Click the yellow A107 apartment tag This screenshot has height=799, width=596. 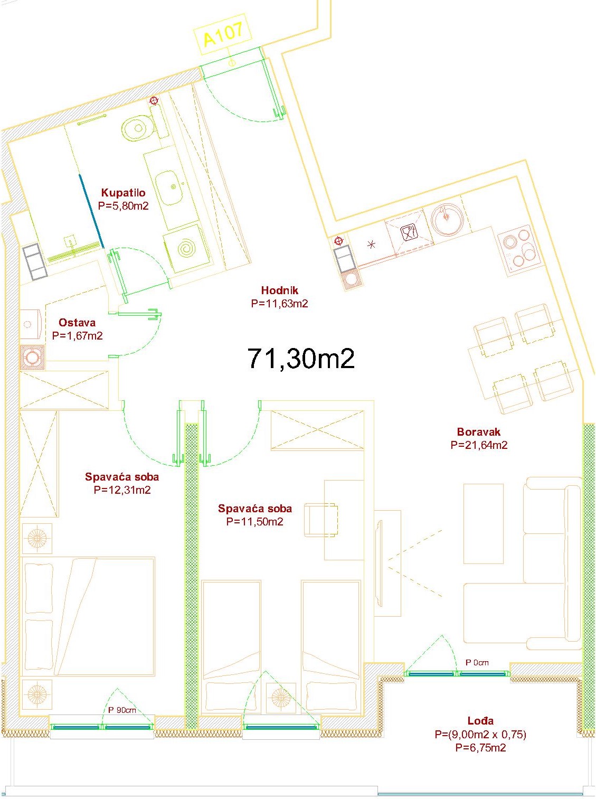click(223, 34)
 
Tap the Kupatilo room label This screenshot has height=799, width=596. click(124, 193)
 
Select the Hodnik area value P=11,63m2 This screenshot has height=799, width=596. click(279, 304)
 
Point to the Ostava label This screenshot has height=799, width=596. click(77, 323)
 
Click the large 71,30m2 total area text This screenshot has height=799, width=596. click(301, 359)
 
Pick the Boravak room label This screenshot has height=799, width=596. click(479, 432)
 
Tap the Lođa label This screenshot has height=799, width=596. click(481, 720)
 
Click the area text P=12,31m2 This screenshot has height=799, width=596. click(122, 490)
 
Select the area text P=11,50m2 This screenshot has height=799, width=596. click(254, 522)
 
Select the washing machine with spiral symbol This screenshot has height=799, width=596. click(186, 249)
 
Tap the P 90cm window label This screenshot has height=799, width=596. click(122, 710)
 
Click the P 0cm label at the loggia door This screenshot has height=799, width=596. click(477, 663)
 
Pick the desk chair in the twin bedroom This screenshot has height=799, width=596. click(320, 520)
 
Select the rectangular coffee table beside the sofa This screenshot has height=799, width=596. click(484, 523)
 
